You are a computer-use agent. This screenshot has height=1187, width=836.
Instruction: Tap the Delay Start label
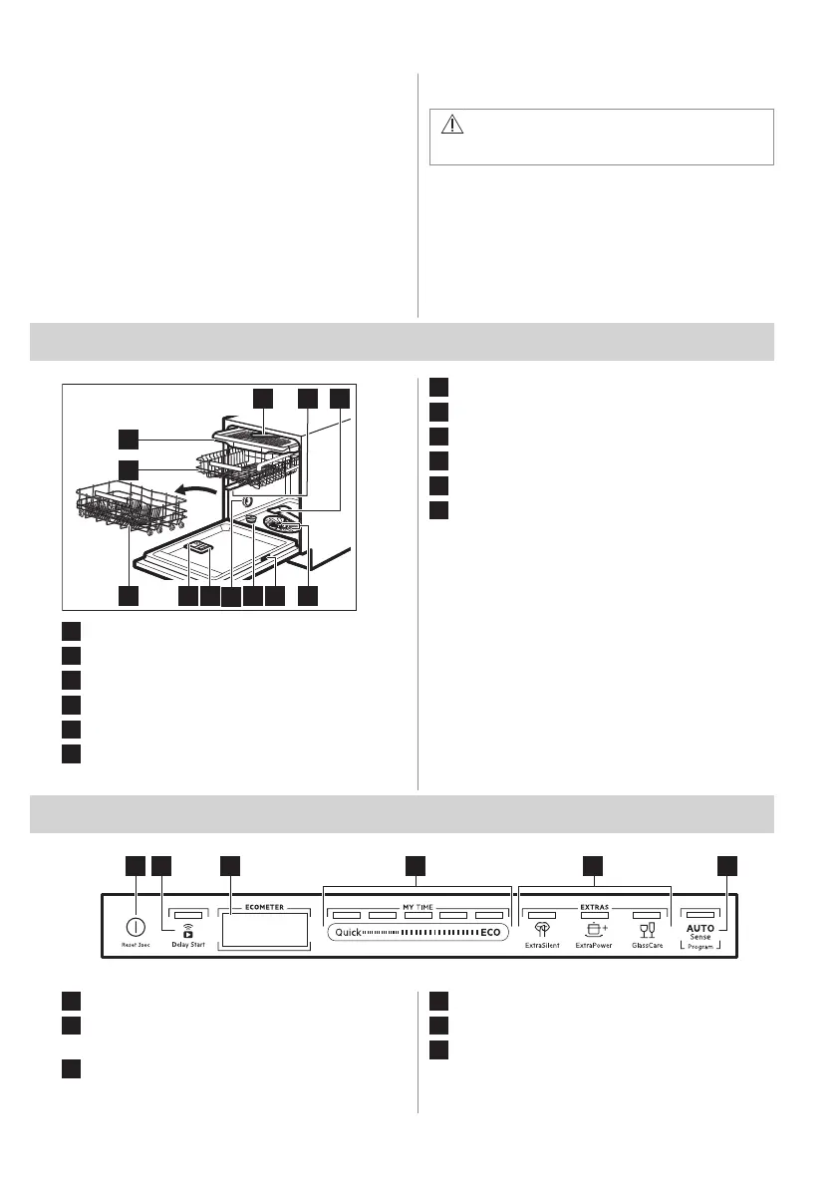[x=187, y=943]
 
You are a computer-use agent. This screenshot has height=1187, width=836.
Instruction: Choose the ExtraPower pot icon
[x=596, y=929]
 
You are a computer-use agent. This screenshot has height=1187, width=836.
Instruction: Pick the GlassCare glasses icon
[x=648, y=929]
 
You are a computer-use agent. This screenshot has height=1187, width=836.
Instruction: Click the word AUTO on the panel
[x=697, y=927]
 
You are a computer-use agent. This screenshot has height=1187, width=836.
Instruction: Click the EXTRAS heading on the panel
[x=595, y=907]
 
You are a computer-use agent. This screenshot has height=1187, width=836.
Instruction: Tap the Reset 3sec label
[x=131, y=943]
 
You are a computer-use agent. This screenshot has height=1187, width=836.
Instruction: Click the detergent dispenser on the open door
[x=199, y=546]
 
